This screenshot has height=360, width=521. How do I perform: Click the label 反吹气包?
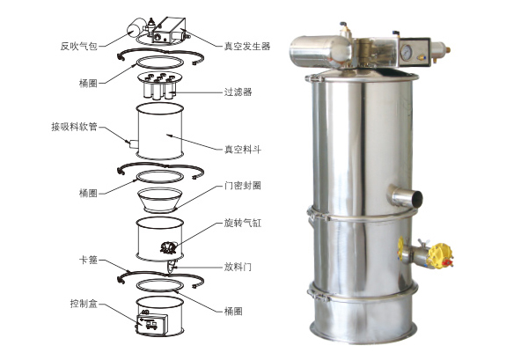(x=78, y=46)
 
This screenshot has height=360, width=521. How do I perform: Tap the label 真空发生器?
(x=247, y=46)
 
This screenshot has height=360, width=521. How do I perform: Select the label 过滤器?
(x=238, y=92)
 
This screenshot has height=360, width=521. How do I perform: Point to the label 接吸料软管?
(x=74, y=127)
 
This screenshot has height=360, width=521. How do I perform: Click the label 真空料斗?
(x=243, y=150)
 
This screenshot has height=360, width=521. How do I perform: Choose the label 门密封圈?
(x=243, y=185)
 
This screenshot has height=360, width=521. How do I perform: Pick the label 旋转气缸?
(x=243, y=223)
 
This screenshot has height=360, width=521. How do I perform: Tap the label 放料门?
(x=238, y=267)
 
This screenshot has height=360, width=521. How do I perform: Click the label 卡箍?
(x=88, y=260)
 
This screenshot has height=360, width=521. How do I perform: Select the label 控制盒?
(x=84, y=303)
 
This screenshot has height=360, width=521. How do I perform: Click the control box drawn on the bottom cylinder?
(x=151, y=324)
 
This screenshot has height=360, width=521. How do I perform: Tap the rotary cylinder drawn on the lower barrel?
(x=169, y=247)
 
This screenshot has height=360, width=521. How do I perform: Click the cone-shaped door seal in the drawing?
(x=160, y=200)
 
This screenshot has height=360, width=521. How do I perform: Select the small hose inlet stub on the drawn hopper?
(x=134, y=144)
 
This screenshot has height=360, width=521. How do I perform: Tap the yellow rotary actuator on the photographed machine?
(x=439, y=256)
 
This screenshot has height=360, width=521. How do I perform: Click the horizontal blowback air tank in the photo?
(x=321, y=52)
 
